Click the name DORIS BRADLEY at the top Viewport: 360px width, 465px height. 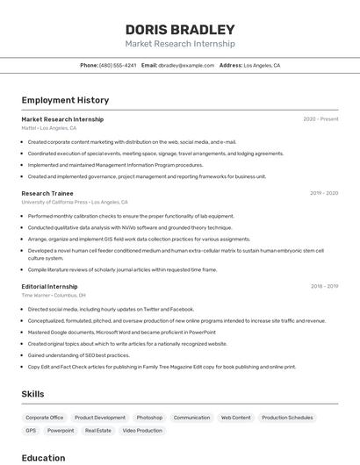point(180,30)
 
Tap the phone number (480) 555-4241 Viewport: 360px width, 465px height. point(118,65)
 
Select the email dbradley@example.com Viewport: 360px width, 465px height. point(186,65)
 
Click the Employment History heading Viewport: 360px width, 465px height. point(65,101)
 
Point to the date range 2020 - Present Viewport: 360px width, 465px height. point(320,119)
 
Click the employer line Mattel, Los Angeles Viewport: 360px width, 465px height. point(49,128)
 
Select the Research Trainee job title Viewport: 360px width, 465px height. point(47,193)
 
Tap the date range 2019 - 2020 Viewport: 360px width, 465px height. point(323,193)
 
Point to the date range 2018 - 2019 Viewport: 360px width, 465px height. point(324,286)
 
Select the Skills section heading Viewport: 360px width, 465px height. point(32,395)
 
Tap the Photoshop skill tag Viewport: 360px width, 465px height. point(149,418)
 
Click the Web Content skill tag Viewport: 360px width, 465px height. point(235,418)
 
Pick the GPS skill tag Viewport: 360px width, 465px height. point(31,431)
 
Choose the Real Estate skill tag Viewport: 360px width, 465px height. point(97,431)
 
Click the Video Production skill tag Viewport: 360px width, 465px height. point(142,431)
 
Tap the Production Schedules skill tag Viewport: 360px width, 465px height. point(287,418)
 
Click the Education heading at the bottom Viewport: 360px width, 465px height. point(43,458)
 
